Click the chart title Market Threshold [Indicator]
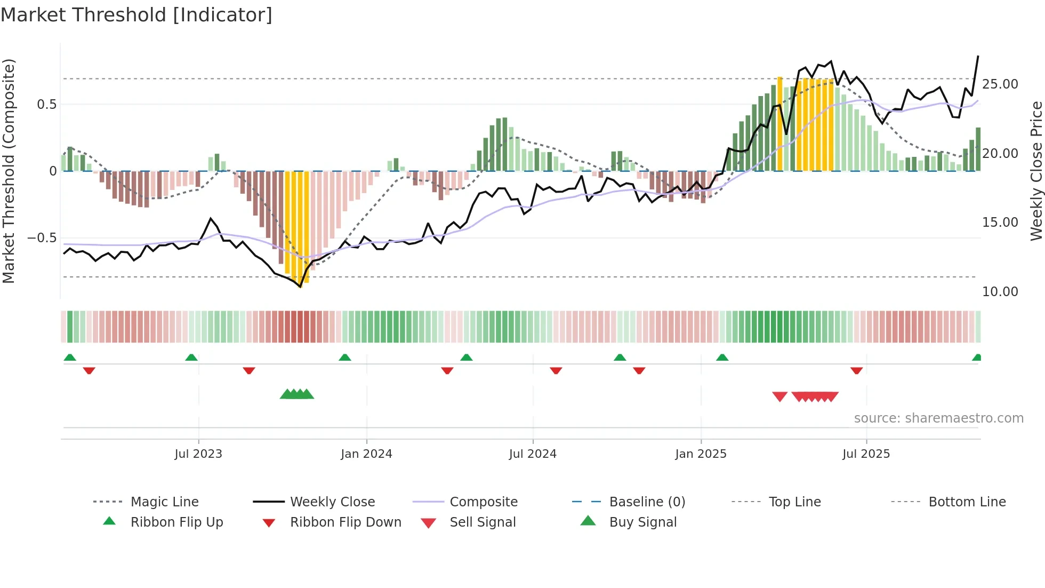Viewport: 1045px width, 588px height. [136, 15]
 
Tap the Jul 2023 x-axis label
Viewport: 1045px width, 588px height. [198, 454]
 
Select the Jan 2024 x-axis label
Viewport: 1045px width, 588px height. [366, 454]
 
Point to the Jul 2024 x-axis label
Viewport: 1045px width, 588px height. [533, 454]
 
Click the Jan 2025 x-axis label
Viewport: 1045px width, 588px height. [701, 454]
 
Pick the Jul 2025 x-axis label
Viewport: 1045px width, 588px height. [866, 454]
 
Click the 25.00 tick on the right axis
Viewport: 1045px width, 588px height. [1000, 84]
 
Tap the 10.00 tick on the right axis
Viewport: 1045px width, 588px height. [1000, 292]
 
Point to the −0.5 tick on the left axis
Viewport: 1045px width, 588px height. [42, 238]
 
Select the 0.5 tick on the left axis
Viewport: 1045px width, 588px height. [46, 105]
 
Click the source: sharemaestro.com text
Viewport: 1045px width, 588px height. [938, 418]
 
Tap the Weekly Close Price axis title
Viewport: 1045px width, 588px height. [1036, 171]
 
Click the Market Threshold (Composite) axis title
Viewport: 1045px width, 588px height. [9, 171]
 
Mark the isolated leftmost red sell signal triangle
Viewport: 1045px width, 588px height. [779, 396]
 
